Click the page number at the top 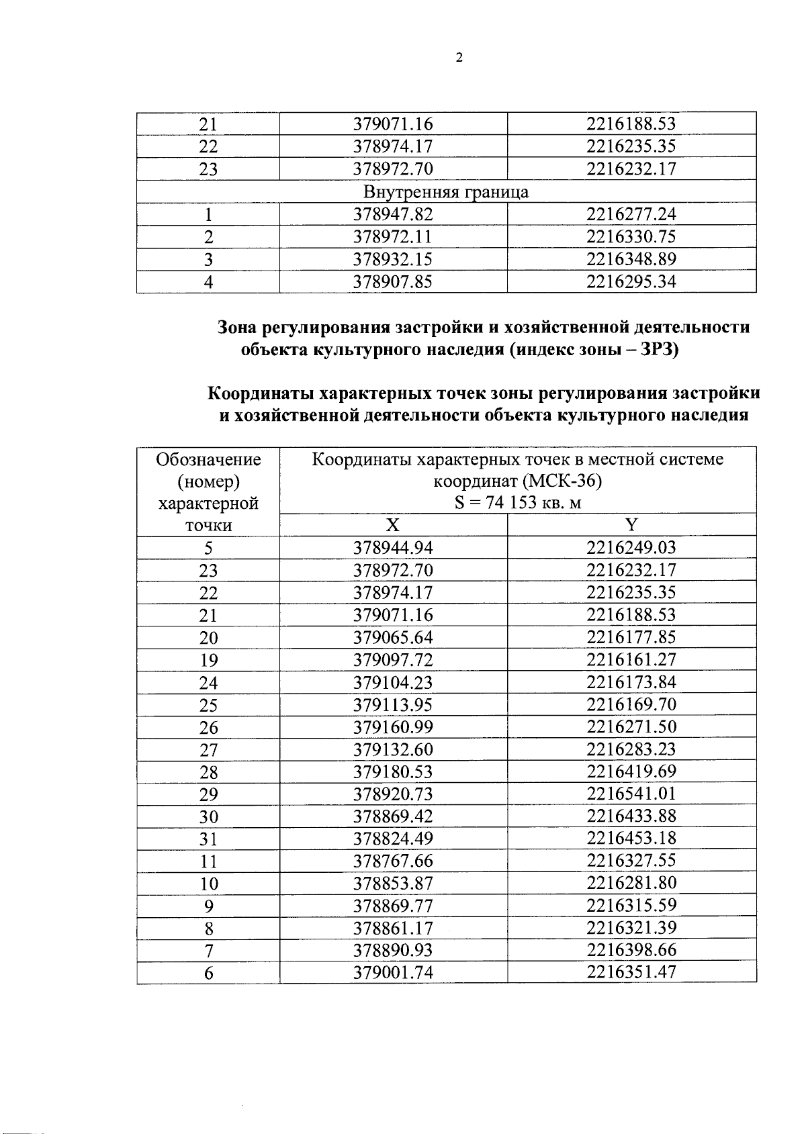pos(459,58)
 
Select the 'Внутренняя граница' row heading pos(446,192)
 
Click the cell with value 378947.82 pos(393,214)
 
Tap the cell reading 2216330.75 pos(631,237)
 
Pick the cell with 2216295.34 pos(631,282)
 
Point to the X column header pos(393,525)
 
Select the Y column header pos(631,525)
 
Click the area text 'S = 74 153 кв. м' pos(517,503)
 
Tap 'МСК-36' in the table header pos(562,481)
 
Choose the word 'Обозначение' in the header pos(208,459)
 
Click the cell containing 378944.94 pos(393,548)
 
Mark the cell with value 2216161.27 pos(631,660)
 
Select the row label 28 pos(208,772)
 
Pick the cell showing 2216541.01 pos(631,794)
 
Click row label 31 pos(208,839)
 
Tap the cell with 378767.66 pos(393,861)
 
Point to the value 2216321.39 pos(631,929)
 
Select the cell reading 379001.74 pos(393,973)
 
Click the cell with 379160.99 pos(393,727)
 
